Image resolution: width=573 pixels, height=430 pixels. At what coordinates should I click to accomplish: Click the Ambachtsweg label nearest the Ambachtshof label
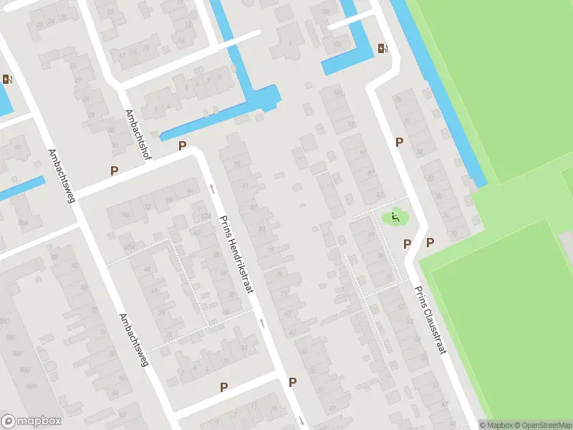[x=62, y=176]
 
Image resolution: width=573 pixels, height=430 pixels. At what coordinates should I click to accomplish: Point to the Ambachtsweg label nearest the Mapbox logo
[x=133, y=340]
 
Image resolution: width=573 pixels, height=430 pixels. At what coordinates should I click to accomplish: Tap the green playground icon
[x=394, y=216]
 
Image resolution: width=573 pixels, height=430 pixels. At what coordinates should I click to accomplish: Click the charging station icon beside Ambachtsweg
[x=8, y=80]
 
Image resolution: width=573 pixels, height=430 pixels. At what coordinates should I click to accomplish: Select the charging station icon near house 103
[x=383, y=49]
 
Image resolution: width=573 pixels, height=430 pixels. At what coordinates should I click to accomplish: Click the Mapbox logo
[x=32, y=421]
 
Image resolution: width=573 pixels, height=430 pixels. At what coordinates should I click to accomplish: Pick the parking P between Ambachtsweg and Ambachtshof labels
[x=114, y=171]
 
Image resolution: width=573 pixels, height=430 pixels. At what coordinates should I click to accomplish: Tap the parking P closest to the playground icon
[x=407, y=244]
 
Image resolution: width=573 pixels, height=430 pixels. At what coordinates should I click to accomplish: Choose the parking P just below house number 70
[x=430, y=242]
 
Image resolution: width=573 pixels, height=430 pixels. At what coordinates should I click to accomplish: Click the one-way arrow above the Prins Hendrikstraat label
[x=212, y=189]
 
